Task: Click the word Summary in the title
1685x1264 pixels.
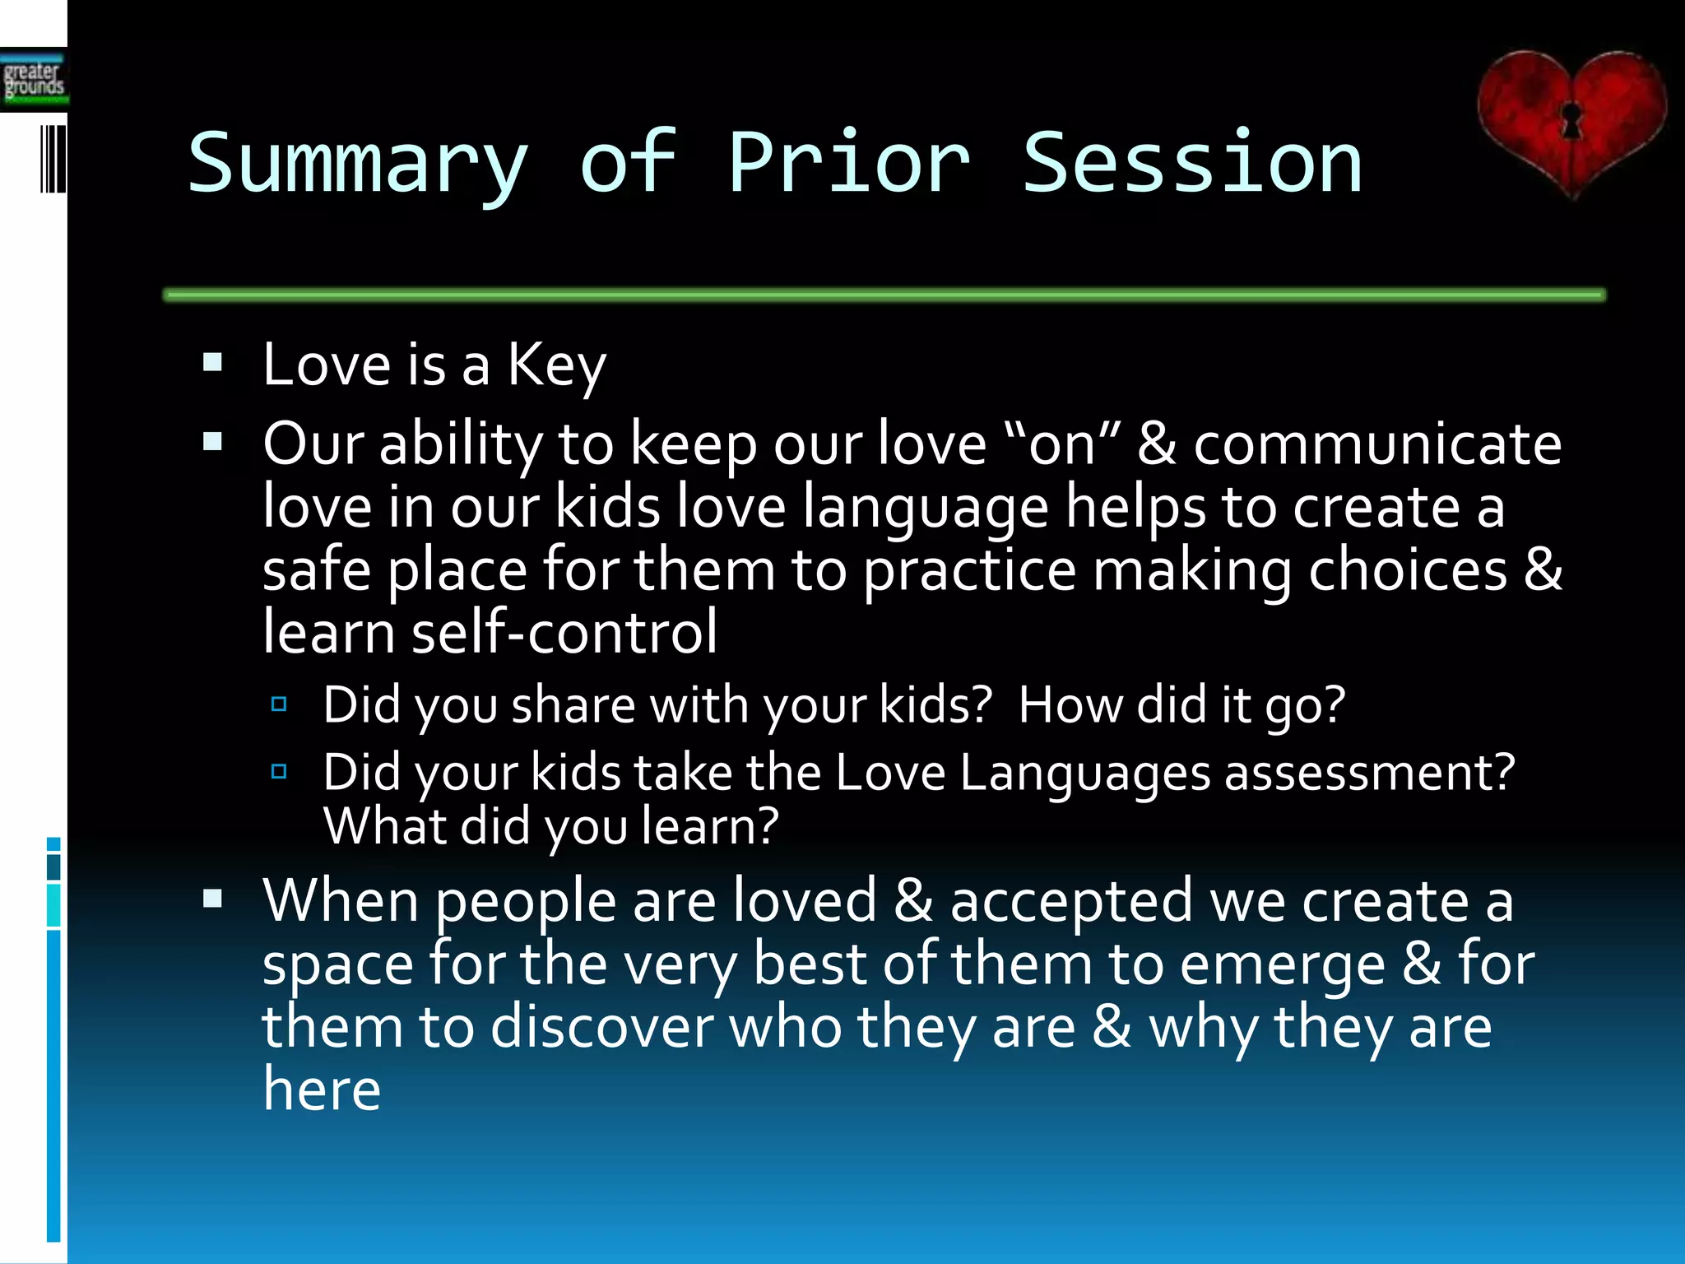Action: point(358,165)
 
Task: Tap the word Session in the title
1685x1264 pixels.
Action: point(1191,165)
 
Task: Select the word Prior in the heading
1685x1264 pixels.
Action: point(849,165)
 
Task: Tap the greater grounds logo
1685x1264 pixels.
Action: point(33,80)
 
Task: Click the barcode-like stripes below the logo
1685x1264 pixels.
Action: point(53,159)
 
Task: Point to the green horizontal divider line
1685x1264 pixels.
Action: point(884,295)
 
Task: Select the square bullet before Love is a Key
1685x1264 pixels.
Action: point(213,363)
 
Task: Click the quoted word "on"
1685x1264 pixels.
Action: point(1062,444)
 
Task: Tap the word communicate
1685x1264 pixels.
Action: point(1376,444)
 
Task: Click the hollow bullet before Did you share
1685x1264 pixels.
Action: point(279,704)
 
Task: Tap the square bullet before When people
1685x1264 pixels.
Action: point(213,899)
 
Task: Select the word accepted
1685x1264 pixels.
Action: point(1070,902)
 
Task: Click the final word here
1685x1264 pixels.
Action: point(322,1090)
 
